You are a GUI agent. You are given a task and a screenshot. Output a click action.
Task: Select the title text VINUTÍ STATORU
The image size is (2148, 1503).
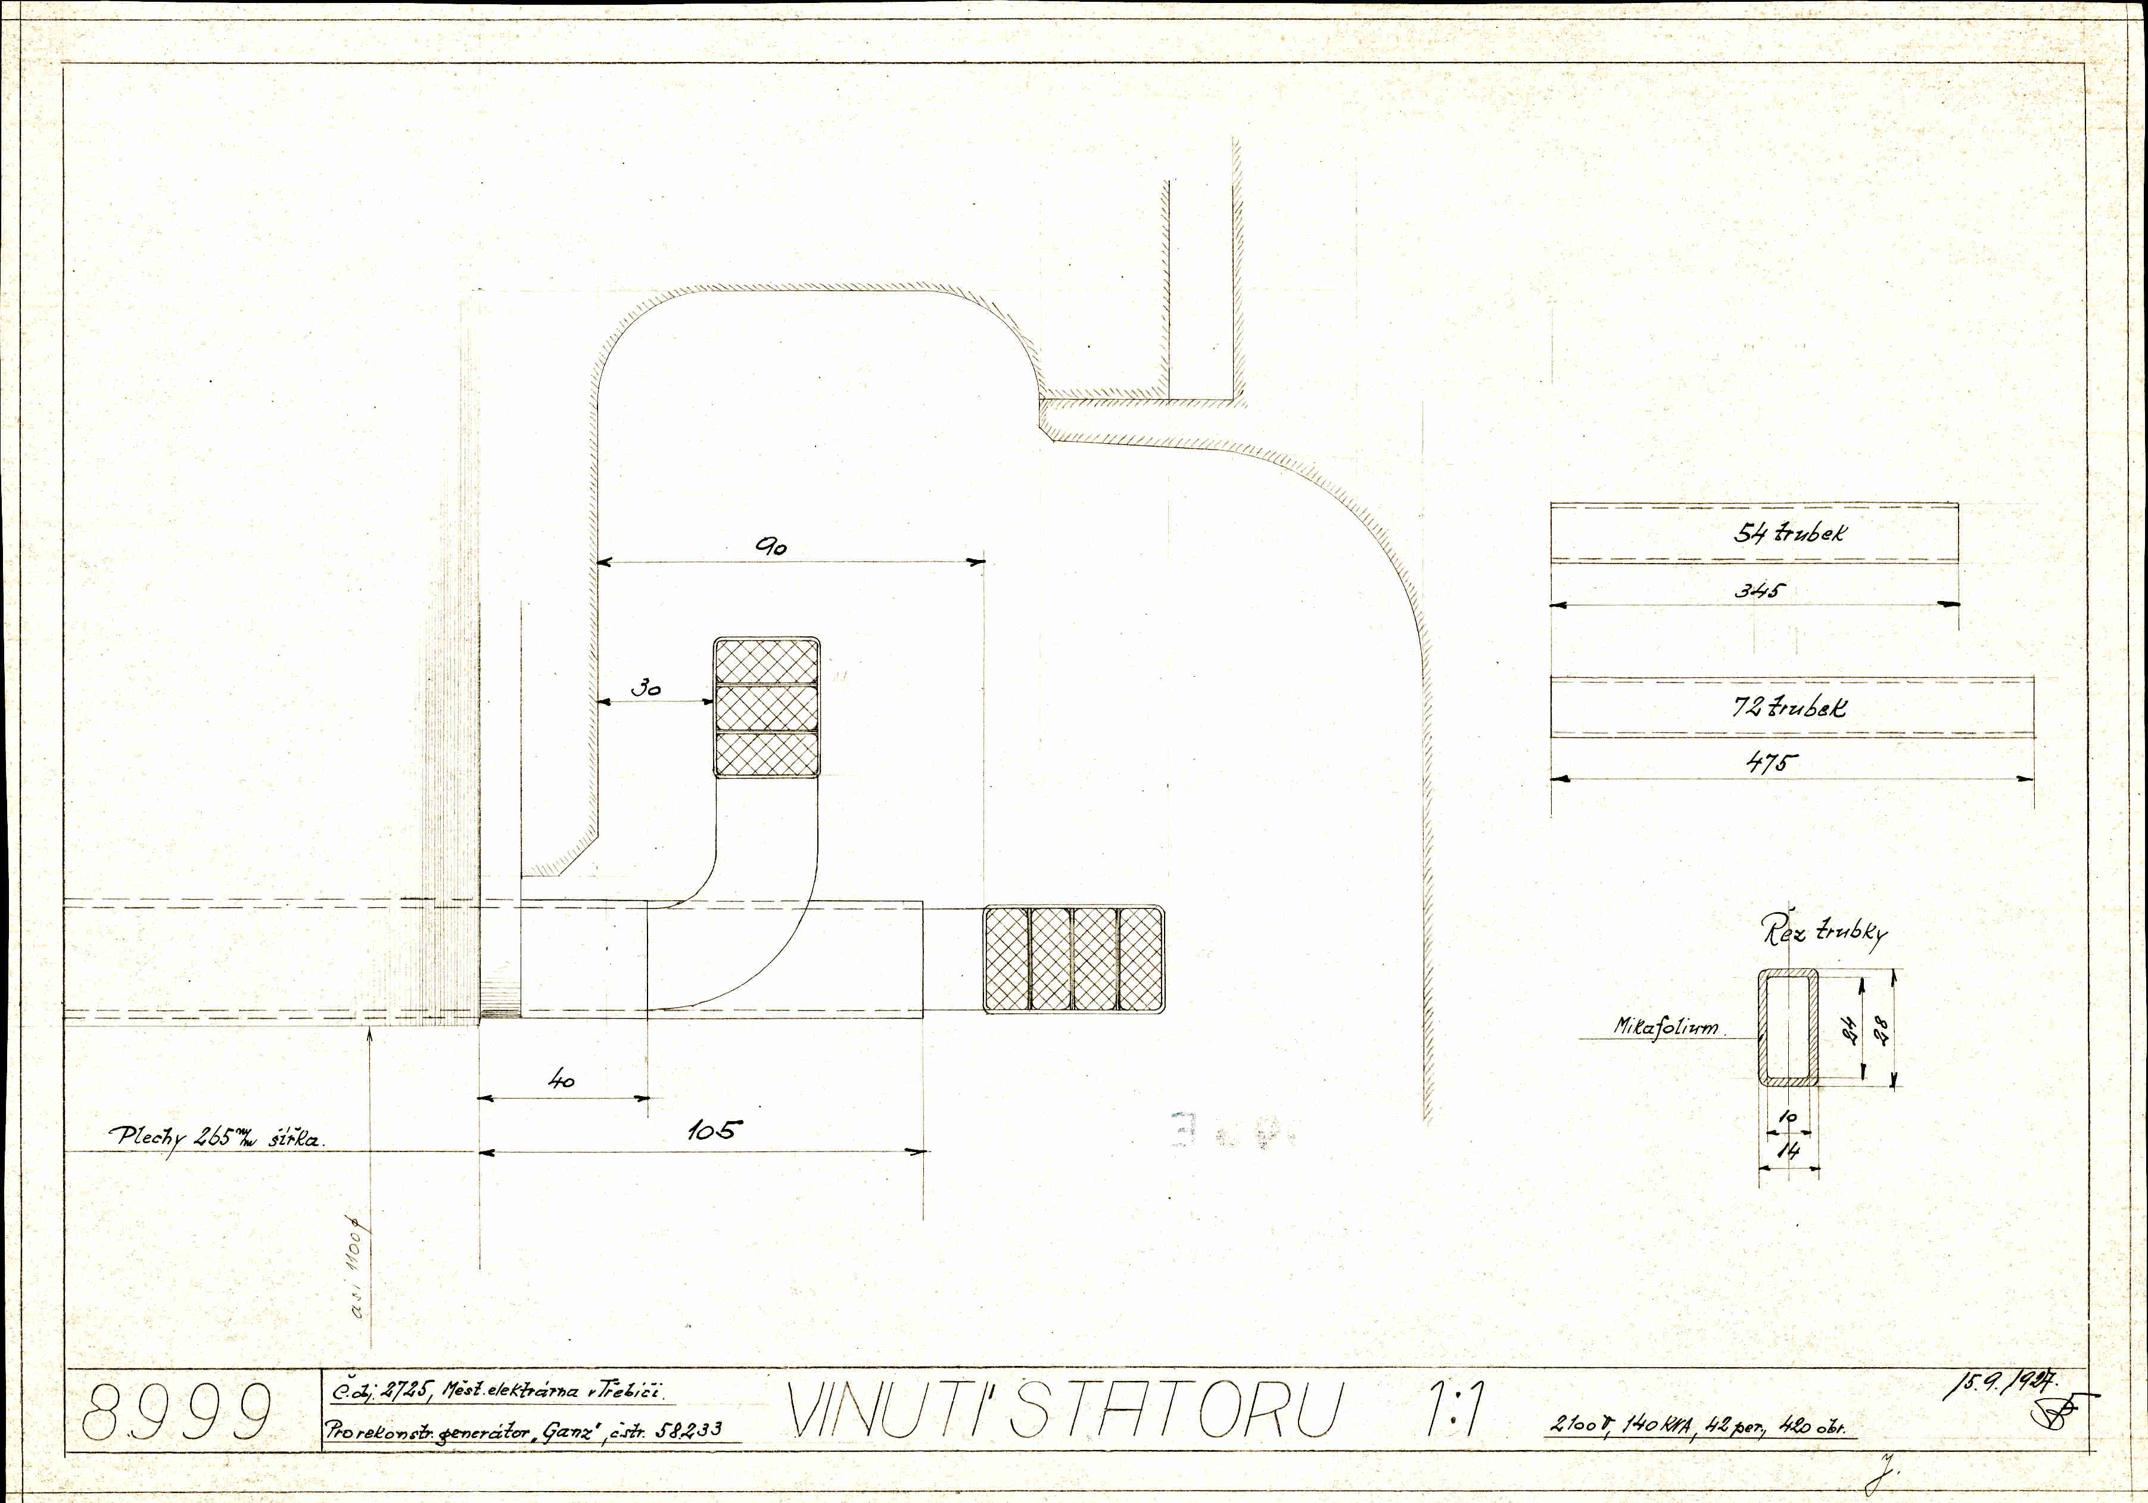click(x=1064, y=1409)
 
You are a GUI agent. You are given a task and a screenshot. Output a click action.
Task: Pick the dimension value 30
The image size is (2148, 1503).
click(x=646, y=688)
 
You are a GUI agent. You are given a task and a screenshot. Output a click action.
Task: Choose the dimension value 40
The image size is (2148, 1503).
click(x=561, y=1080)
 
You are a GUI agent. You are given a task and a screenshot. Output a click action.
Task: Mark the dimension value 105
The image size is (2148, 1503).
click(x=711, y=1131)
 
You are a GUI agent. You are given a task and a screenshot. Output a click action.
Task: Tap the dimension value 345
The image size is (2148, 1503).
click(x=1760, y=590)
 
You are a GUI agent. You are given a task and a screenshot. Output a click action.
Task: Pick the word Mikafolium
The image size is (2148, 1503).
click(x=1666, y=1026)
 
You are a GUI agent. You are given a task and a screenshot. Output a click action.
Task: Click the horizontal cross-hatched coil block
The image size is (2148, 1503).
click(x=1074, y=959)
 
